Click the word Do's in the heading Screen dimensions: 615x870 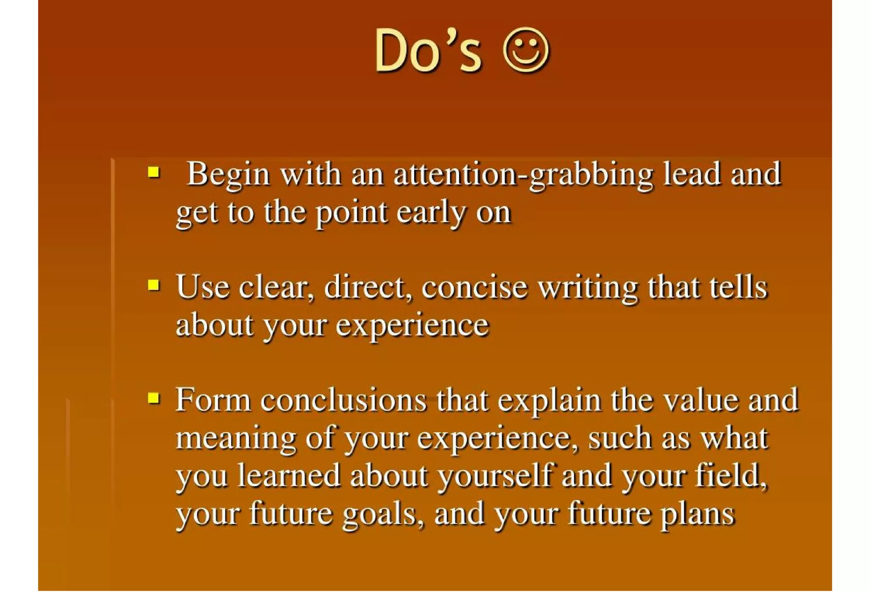pyautogui.click(x=428, y=51)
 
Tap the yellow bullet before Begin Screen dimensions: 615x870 pyautogui.click(x=154, y=172)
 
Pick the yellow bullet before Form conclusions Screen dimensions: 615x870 pyautogui.click(x=154, y=398)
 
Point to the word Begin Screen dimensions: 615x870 pyautogui.click(x=228, y=175)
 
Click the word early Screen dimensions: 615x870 pyautogui.click(x=432, y=212)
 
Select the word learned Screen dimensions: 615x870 pyautogui.click(x=289, y=475)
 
